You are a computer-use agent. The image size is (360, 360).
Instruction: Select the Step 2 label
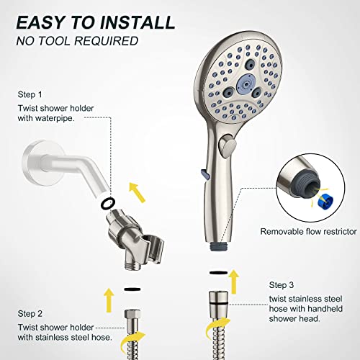(x=30, y=294)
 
